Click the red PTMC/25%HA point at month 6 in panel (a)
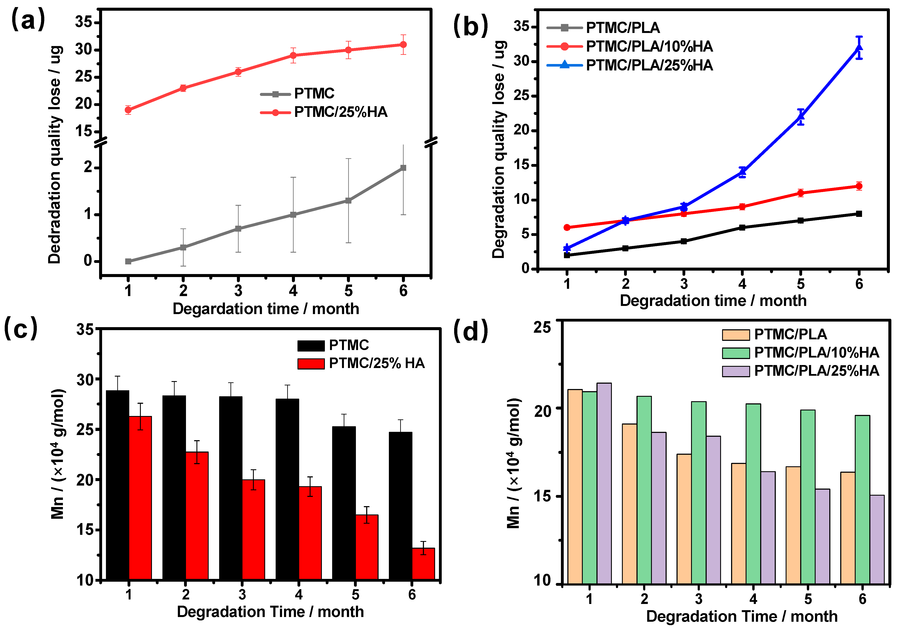[x=403, y=45]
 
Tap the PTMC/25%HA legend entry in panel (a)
[x=340, y=112]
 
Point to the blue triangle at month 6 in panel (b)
[x=859, y=48]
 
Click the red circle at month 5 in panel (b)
[x=801, y=193]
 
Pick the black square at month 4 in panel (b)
[x=742, y=227]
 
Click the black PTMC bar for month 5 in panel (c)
[x=344, y=503]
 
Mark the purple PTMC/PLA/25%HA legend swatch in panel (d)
[x=736, y=371]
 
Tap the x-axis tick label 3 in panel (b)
[x=684, y=284]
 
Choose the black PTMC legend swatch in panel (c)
[x=311, y=346]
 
